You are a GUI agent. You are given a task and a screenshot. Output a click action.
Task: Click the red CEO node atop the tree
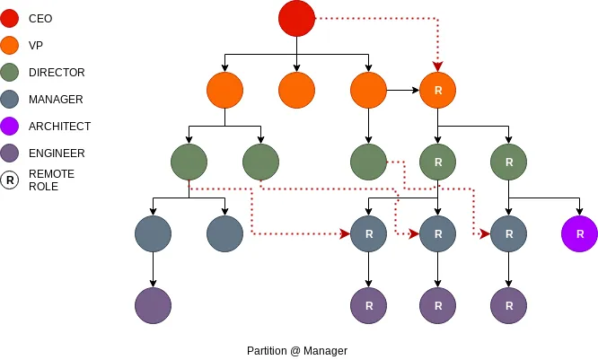pyautogui.click(x=296, y=19)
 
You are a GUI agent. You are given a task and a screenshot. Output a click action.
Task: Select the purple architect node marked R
pyautogui.click(x=579, y=233)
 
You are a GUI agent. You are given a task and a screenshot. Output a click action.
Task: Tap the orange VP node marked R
pyautogui.click(x=438, y=91)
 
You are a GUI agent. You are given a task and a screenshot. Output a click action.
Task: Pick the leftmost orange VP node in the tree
pyautogui.click(x=224, y=91)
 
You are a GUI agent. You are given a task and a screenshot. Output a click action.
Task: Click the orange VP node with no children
pyautogui.click(x=296, y=91)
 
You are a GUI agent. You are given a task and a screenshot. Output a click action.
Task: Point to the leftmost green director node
pyautogui.click(x=189, y=162)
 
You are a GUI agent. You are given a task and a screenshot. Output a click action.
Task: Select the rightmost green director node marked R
pyautogui.click(x=509, y=162)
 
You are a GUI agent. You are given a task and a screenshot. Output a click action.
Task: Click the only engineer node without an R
pyautogui.click(x=153, y=305)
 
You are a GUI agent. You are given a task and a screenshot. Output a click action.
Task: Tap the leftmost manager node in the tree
pyautogui.click(x=153, y=233)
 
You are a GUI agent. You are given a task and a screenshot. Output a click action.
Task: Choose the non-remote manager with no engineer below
pyautogui.click(x=224, y=233)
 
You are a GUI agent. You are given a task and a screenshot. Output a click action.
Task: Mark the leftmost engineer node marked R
pyautogui.click(x=368, y=305)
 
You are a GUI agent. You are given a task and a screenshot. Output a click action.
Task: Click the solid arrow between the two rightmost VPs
pyautogui.click(x=403, y=91)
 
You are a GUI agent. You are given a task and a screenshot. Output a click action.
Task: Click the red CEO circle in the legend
pyautogui.click(x=10, y=18)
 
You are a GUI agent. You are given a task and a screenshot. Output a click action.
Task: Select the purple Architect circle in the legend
pyautogui.click(x=10, y=127)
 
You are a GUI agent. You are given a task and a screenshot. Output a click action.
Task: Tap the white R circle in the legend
pyautogui.click(x=10, y=180)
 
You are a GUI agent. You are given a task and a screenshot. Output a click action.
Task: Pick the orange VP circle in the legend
pyautogui.click(x=10, y=45)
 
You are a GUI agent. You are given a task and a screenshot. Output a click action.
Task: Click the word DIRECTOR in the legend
pyautogui.click(x=56, y=72)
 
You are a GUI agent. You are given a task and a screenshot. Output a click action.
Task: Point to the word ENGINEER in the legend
pyautogui.click(x=57, y=154)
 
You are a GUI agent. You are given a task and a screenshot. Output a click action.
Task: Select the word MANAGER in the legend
pyautogui.click(x=55, y=99)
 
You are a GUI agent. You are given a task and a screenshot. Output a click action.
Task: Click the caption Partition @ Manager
pyautogui.click(x=296, y=350)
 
